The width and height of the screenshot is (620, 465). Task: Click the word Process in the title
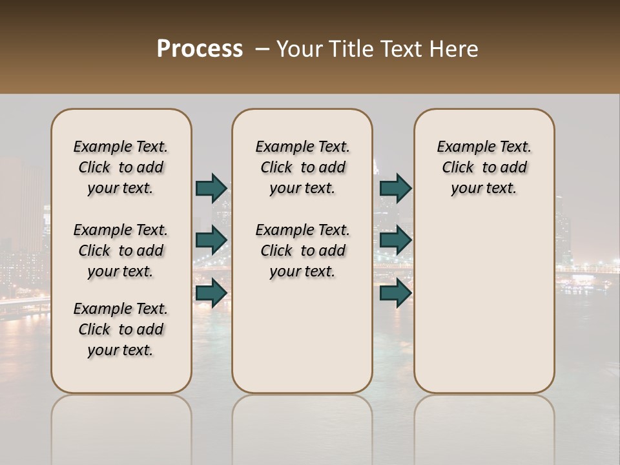[199, 49]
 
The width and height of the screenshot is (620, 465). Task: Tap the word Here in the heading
[454, 49]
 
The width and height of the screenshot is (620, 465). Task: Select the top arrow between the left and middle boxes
[211, 188]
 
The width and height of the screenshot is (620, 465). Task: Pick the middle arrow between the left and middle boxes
[211, 240]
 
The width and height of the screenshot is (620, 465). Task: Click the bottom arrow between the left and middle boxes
[211, 293]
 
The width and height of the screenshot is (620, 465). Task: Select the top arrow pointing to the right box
[395, 188]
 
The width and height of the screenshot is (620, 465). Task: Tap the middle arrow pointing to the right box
[395, 240]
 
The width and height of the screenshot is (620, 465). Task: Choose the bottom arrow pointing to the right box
[395, 293]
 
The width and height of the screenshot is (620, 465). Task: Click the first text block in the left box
[121, 167]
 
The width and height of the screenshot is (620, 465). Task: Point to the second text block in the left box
[121, 251]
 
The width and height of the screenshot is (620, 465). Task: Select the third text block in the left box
[121, 329]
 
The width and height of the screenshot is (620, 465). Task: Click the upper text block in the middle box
[302, 167]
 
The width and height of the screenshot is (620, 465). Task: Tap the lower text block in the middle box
[302, 251]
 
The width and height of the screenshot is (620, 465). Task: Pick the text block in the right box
[484, 167]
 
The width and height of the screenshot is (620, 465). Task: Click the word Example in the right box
[464, 147]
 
